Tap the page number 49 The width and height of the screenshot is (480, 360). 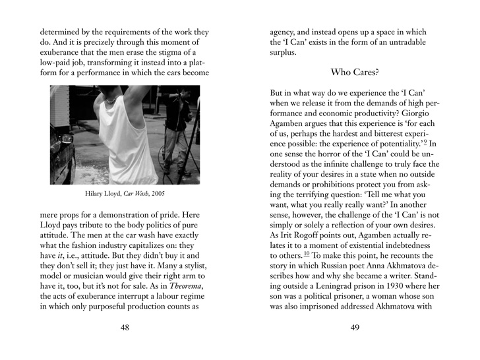tap(355, 330)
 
